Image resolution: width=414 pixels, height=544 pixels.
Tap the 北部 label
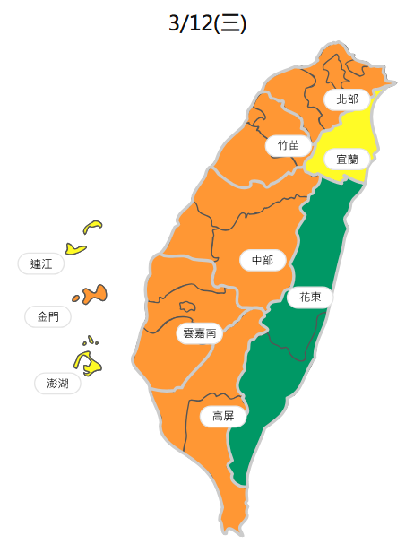click(x=346, y=99)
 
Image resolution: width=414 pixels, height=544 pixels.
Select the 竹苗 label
click(x=289, y=144)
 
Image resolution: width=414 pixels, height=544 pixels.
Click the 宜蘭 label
click(x=346, y=159)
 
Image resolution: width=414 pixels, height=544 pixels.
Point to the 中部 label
click(x=263, y=260)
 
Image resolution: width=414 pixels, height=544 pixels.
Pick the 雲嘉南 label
click(x=198, y=333)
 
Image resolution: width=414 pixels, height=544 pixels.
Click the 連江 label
click(x=40, y=263)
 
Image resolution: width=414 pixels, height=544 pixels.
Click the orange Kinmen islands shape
click(x=91, y=294)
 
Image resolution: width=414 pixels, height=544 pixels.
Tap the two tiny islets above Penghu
click(x=90, y=341)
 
